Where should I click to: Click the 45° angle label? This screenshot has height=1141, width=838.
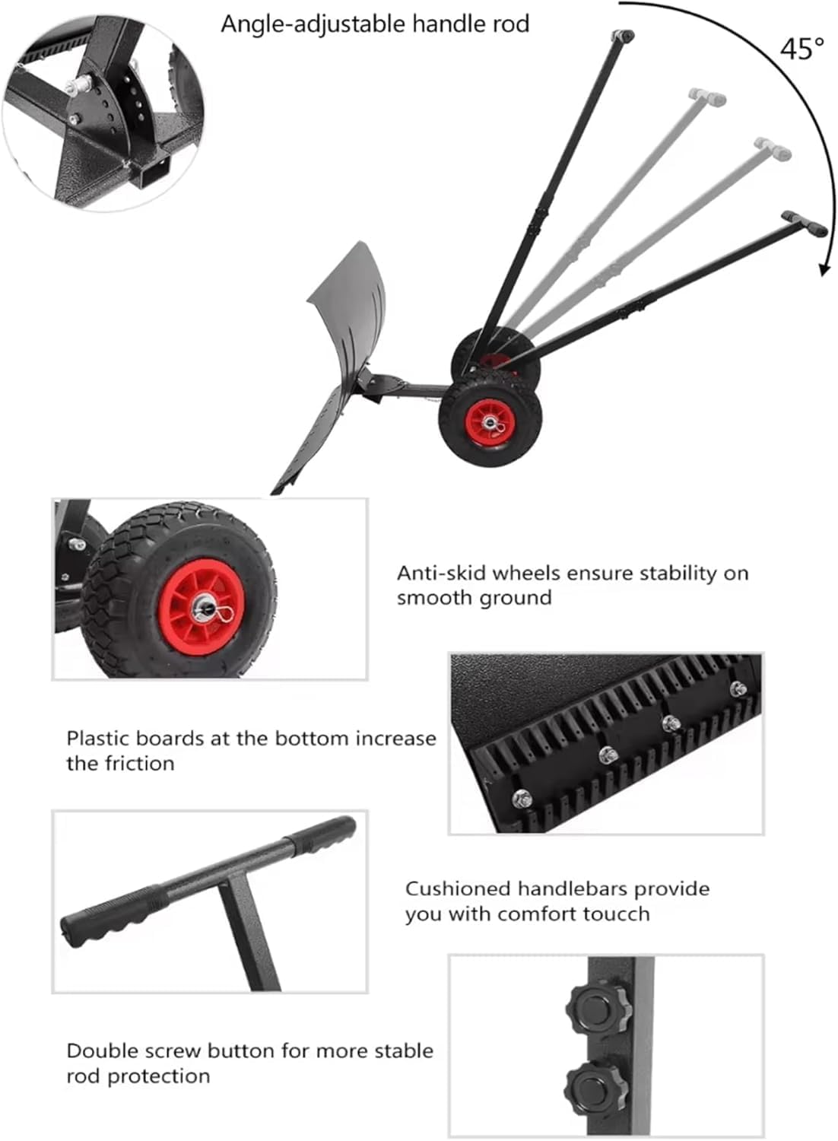click(x=801, y=49)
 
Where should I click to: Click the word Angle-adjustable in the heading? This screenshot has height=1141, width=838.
click(x=313, y=24)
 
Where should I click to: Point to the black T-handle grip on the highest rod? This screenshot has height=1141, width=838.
click(x=623, y=35)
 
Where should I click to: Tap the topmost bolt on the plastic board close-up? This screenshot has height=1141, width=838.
click(x=737, y=689)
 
